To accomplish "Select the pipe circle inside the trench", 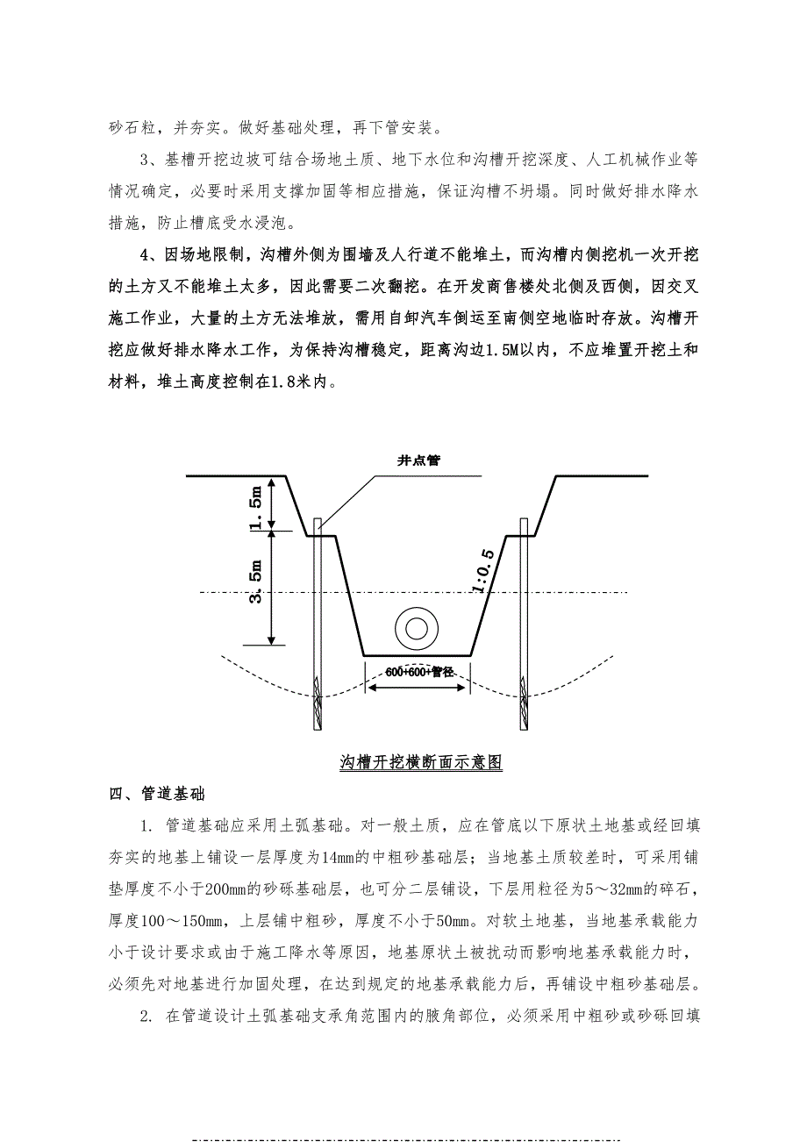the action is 414,628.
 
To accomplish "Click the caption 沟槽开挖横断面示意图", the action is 420,762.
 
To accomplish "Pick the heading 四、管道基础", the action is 157,795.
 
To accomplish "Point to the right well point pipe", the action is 524,627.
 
